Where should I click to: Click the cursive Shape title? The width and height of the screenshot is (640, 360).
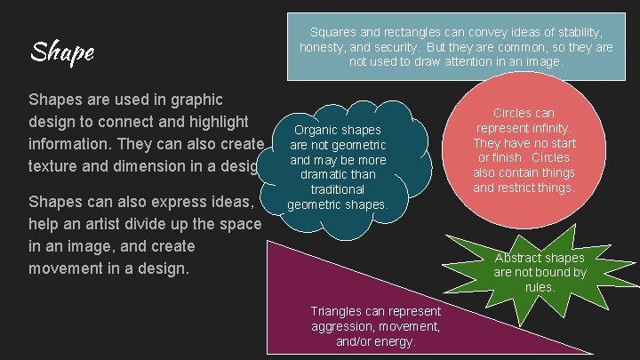[61, 52]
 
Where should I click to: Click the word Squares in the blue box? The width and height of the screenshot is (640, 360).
[332, 30]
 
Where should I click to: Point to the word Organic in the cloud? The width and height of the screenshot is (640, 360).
[315, 130]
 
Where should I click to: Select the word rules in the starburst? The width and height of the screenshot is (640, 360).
[540, 287]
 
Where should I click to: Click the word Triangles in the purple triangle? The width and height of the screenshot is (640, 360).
[336, 311]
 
